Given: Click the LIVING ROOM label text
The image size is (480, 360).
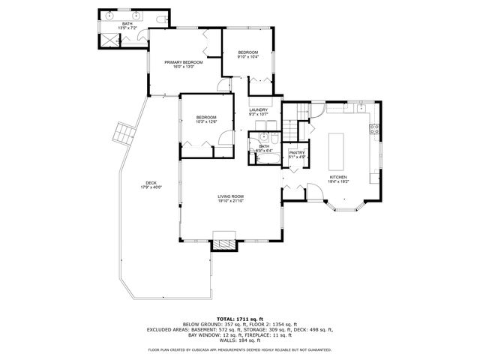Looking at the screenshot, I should (230, 196).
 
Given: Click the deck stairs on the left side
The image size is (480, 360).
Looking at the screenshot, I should (122, 134).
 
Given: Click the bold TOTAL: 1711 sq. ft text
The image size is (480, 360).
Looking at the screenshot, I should (239, 318).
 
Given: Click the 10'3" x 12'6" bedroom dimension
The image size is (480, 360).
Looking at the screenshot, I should (206, 121).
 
